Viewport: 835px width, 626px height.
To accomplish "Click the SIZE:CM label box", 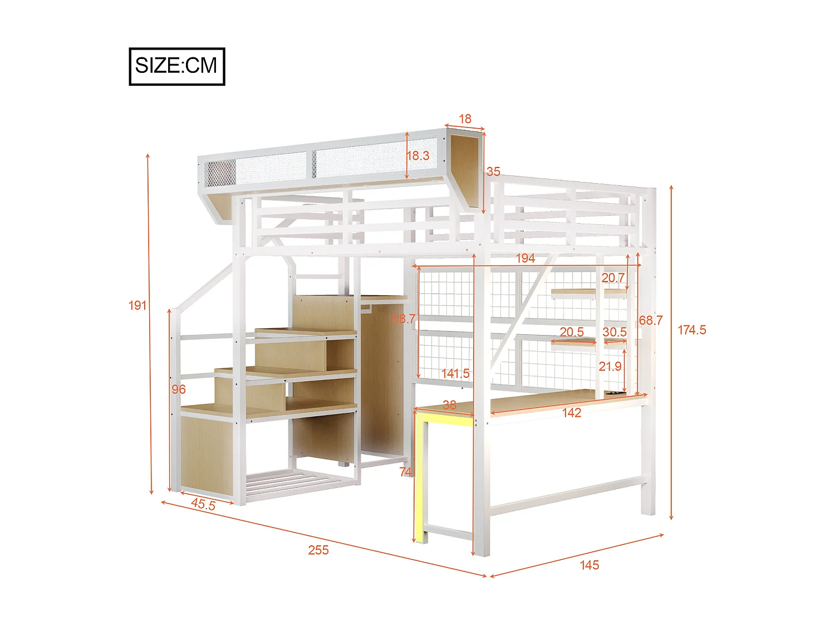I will [x=177, y=66].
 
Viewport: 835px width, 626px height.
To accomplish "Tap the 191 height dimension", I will [x=137, y=305].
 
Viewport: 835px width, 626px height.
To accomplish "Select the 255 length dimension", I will [x=318, y=550].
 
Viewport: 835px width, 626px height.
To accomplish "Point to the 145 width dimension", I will [x=590, y=565].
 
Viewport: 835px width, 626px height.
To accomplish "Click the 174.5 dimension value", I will [x=691, y=330].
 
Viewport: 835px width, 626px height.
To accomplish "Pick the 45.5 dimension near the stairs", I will [x=203, y=504].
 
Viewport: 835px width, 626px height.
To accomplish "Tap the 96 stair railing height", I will [x=179, y=389].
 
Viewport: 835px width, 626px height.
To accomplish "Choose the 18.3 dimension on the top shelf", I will [x=418, y=156].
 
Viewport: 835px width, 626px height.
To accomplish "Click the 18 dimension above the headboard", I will [x=465, y=119].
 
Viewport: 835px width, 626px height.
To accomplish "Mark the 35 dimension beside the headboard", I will [x=493, y=171].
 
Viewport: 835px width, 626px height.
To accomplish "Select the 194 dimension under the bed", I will [x=525, y=258].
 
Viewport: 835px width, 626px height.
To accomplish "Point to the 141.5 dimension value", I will [x=455, y=373].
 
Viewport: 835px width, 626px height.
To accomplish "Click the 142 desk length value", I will [x=572, y=412].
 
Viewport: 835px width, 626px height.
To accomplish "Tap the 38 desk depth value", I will [x=449, y=405].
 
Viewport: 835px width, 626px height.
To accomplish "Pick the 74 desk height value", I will [x=406, y=472].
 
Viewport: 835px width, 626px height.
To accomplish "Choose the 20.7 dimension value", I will [x=613, y=277].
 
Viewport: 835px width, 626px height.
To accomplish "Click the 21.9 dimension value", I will [x=610, y=366].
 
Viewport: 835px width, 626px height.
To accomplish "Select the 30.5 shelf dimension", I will [x=615, y=332].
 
